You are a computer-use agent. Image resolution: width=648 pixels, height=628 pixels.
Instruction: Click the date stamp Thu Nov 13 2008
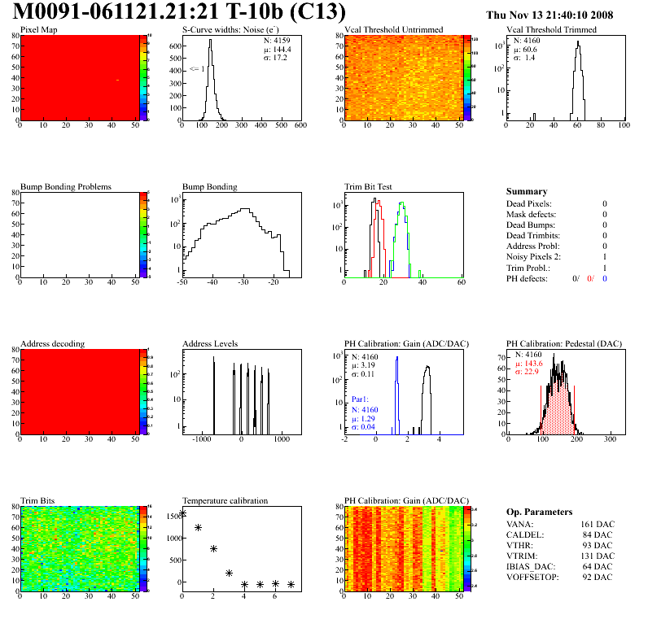coord(549,15)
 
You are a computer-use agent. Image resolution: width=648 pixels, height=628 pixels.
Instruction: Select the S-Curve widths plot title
coord(231,30)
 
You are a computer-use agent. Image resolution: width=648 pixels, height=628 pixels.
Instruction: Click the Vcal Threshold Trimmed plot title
coord(551,30)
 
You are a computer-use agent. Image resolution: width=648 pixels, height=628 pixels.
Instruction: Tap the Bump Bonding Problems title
coord(66,187)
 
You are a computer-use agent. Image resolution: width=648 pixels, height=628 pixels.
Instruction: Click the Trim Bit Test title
coord(369,187)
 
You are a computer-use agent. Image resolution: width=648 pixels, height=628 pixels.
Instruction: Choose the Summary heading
coord(527,191)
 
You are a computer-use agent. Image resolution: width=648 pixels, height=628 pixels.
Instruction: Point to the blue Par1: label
coord(361,399)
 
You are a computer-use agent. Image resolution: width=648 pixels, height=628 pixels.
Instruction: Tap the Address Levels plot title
coord(210,344)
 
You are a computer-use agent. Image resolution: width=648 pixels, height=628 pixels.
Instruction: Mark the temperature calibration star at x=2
coord(213,549)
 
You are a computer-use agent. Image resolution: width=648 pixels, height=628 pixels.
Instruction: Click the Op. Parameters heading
coord(539,512)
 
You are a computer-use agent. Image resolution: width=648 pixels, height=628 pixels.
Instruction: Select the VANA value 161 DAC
coord(597,525)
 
